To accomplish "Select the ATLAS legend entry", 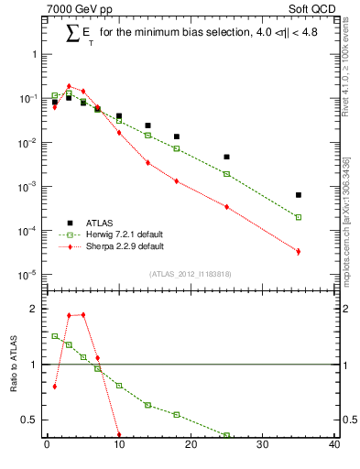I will (x=98, y=223).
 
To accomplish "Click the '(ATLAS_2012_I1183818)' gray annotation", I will (x=190, y=274).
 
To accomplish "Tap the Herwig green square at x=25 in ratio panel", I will (x=226, y=435).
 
